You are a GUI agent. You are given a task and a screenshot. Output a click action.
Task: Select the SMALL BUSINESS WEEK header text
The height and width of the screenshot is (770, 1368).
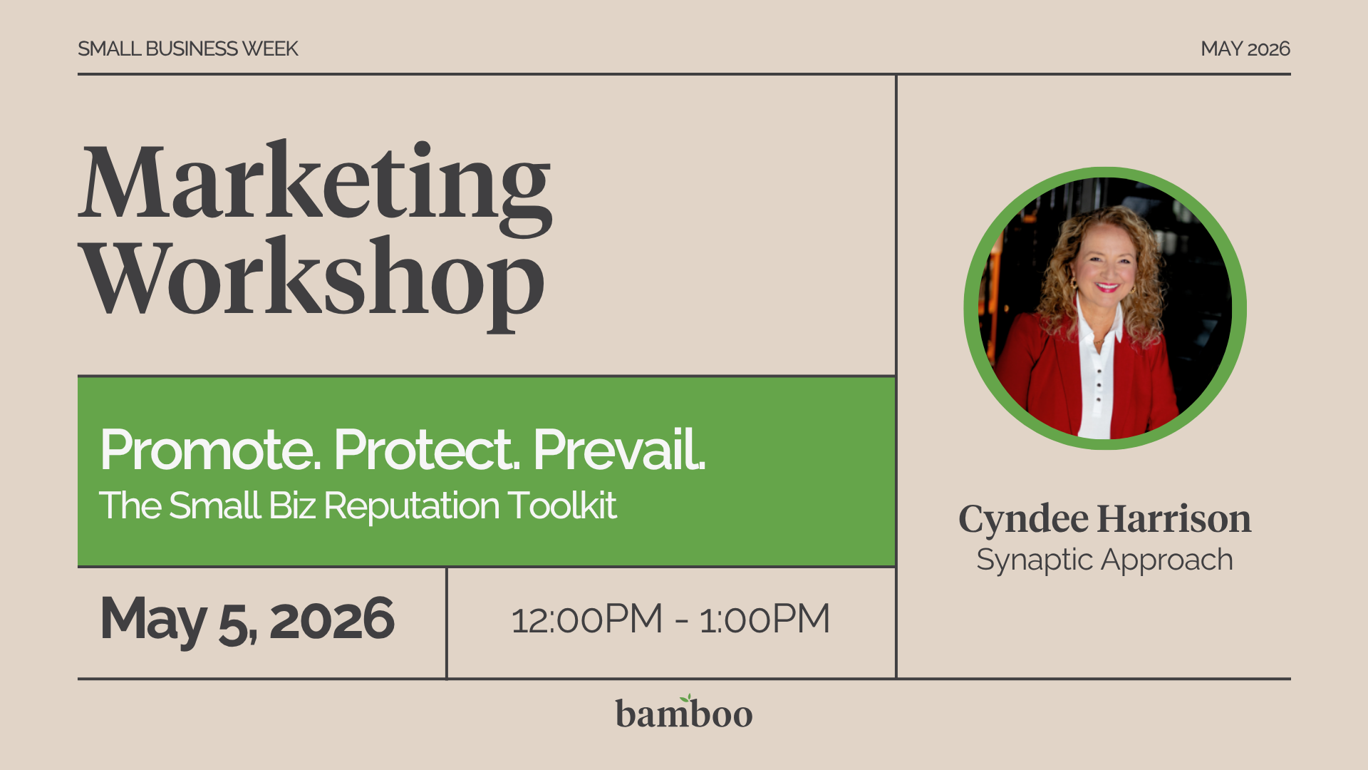[x=187, y=48]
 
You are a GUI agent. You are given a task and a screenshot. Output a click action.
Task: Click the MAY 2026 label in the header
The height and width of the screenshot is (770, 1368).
[x=1245, y=48]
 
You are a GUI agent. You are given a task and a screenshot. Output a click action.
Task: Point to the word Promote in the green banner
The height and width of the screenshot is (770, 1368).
[x=210, y=451]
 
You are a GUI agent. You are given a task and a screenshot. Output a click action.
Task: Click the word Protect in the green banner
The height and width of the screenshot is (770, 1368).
[x=427, y=451]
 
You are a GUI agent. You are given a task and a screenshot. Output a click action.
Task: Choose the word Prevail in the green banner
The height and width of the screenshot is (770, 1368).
[x=618, y=451]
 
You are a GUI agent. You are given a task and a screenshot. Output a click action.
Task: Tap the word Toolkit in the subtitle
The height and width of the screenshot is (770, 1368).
[x=562, y=506]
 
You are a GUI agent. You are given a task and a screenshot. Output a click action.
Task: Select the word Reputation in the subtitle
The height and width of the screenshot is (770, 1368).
[x=411, y=507]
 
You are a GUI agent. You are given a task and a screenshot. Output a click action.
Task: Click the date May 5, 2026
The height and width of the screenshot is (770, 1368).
[x=247, y=620]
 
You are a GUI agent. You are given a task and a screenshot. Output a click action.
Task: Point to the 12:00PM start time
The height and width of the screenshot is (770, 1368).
[x=586, y=620]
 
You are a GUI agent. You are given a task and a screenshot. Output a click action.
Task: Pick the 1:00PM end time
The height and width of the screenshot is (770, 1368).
[x=765, y=620]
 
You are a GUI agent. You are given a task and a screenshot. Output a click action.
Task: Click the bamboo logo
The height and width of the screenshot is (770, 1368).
[x=684, y=714]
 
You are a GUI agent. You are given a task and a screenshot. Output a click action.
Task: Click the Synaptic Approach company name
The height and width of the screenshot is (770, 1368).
[x=1104, y=560]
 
